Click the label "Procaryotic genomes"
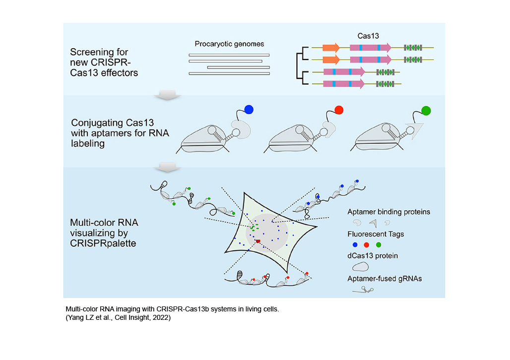point(229,44)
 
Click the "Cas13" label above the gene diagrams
point(368,36)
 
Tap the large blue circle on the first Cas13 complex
point(249,110)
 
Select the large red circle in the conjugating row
point(339,110)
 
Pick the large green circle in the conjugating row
point(426,111)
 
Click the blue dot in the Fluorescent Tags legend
point(355,244)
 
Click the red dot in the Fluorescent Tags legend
point(367,244)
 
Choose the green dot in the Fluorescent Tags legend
point(378,244)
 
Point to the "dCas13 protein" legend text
point(373,255)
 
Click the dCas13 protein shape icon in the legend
point(360,267)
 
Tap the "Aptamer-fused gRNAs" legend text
point(384,279)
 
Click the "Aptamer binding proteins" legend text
point(388,212)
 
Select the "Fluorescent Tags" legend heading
point(376,234)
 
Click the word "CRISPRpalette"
point(103,243)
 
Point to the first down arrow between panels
point(167,95)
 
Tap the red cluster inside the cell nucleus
point(258,241)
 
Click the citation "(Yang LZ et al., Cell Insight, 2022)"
point(118,317)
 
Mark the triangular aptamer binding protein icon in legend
point(374,223)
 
